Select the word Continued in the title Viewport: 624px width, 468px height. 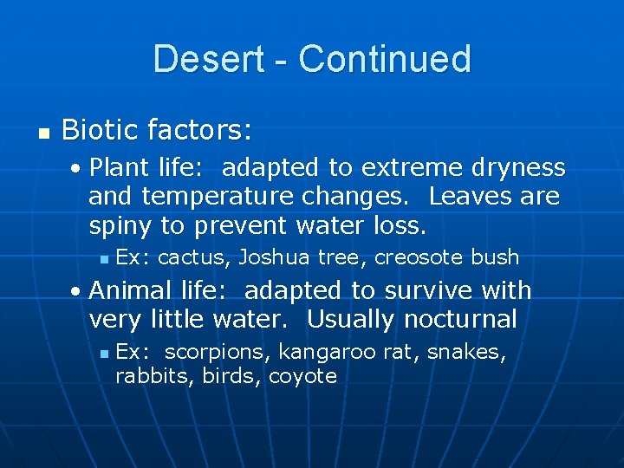click(384, 59)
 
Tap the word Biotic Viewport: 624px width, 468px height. click(101, 131)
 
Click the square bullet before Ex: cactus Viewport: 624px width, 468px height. click(104, 258)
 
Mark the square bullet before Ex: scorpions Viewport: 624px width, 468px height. click(104, 354)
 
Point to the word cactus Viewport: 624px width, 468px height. click(192, 257)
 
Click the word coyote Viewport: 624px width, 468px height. click(302, 376)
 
